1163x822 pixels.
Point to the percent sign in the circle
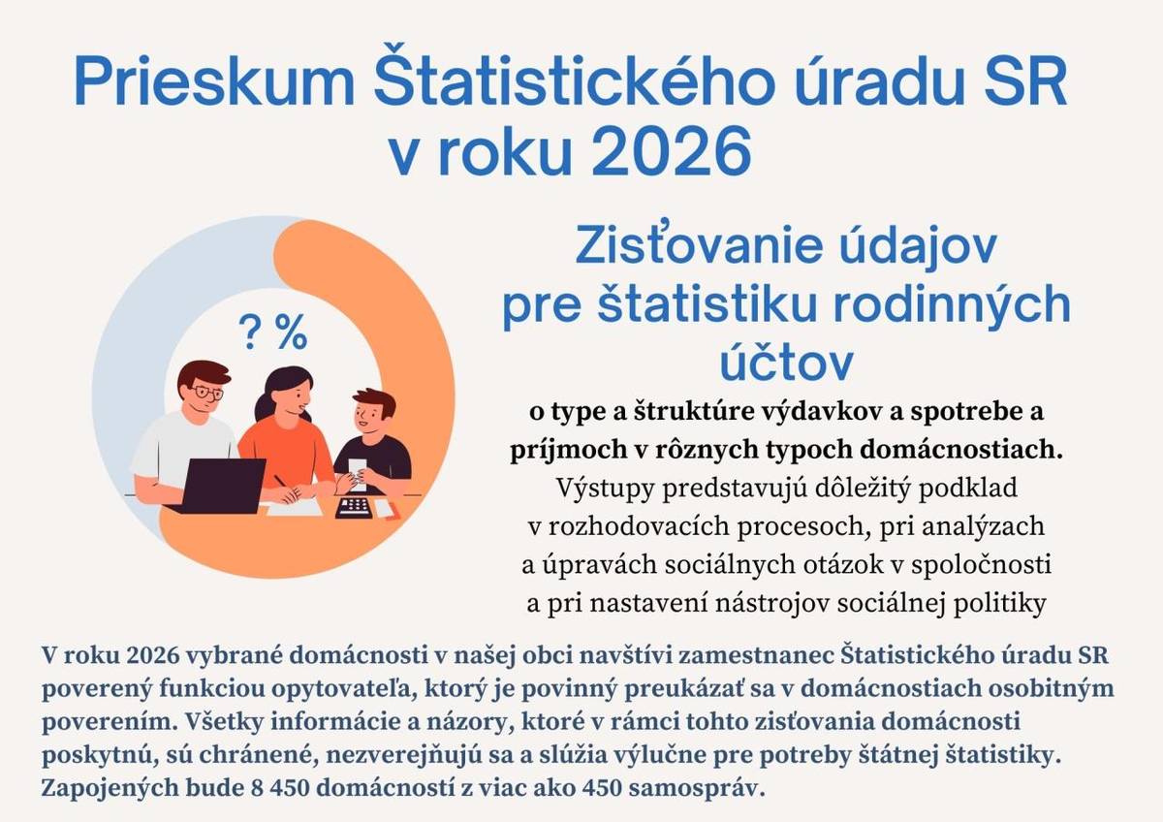coord(292,333)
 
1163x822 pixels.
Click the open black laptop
coord(222,485)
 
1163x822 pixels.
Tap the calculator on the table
coord(353,507)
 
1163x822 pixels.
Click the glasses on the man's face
coord(205,393)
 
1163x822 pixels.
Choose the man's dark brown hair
coord(204,370)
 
